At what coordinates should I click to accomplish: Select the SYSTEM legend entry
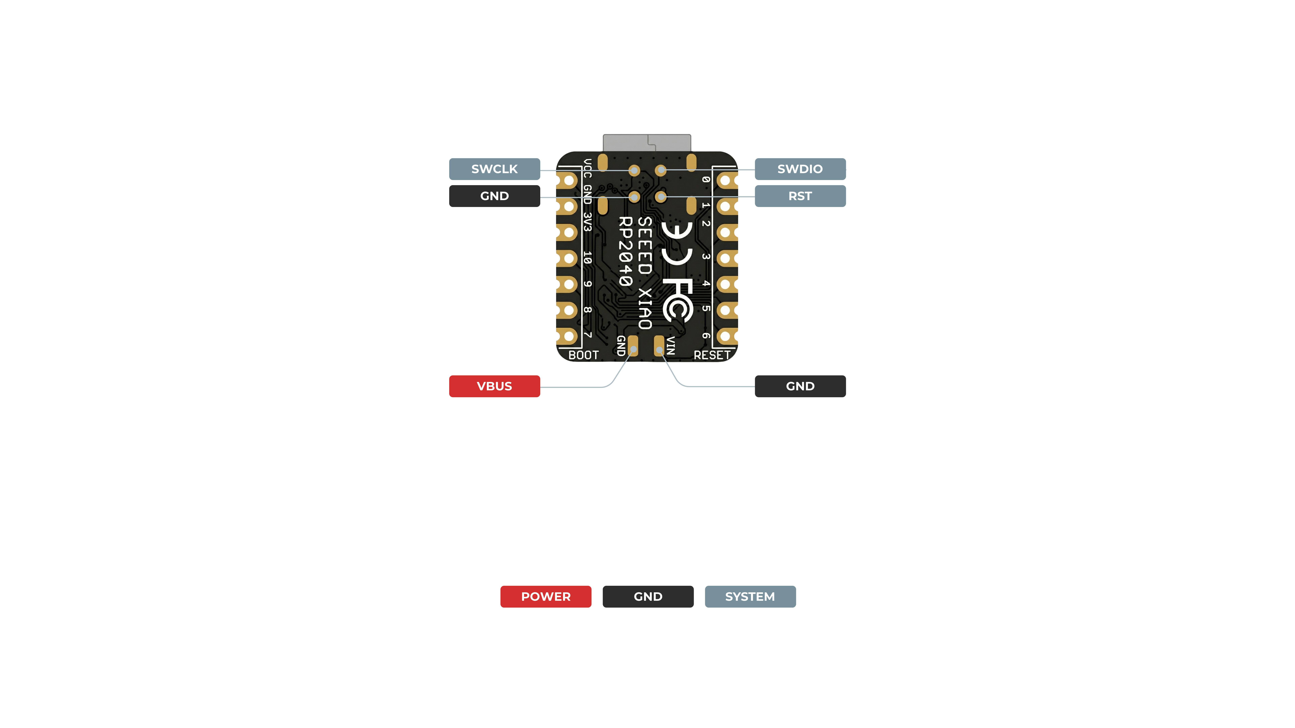(750, 596)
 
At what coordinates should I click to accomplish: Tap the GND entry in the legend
(648, 596)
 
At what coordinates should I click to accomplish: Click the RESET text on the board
(712, 355)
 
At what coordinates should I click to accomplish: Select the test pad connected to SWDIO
(661, 170)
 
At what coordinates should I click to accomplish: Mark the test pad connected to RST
(661, 197)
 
